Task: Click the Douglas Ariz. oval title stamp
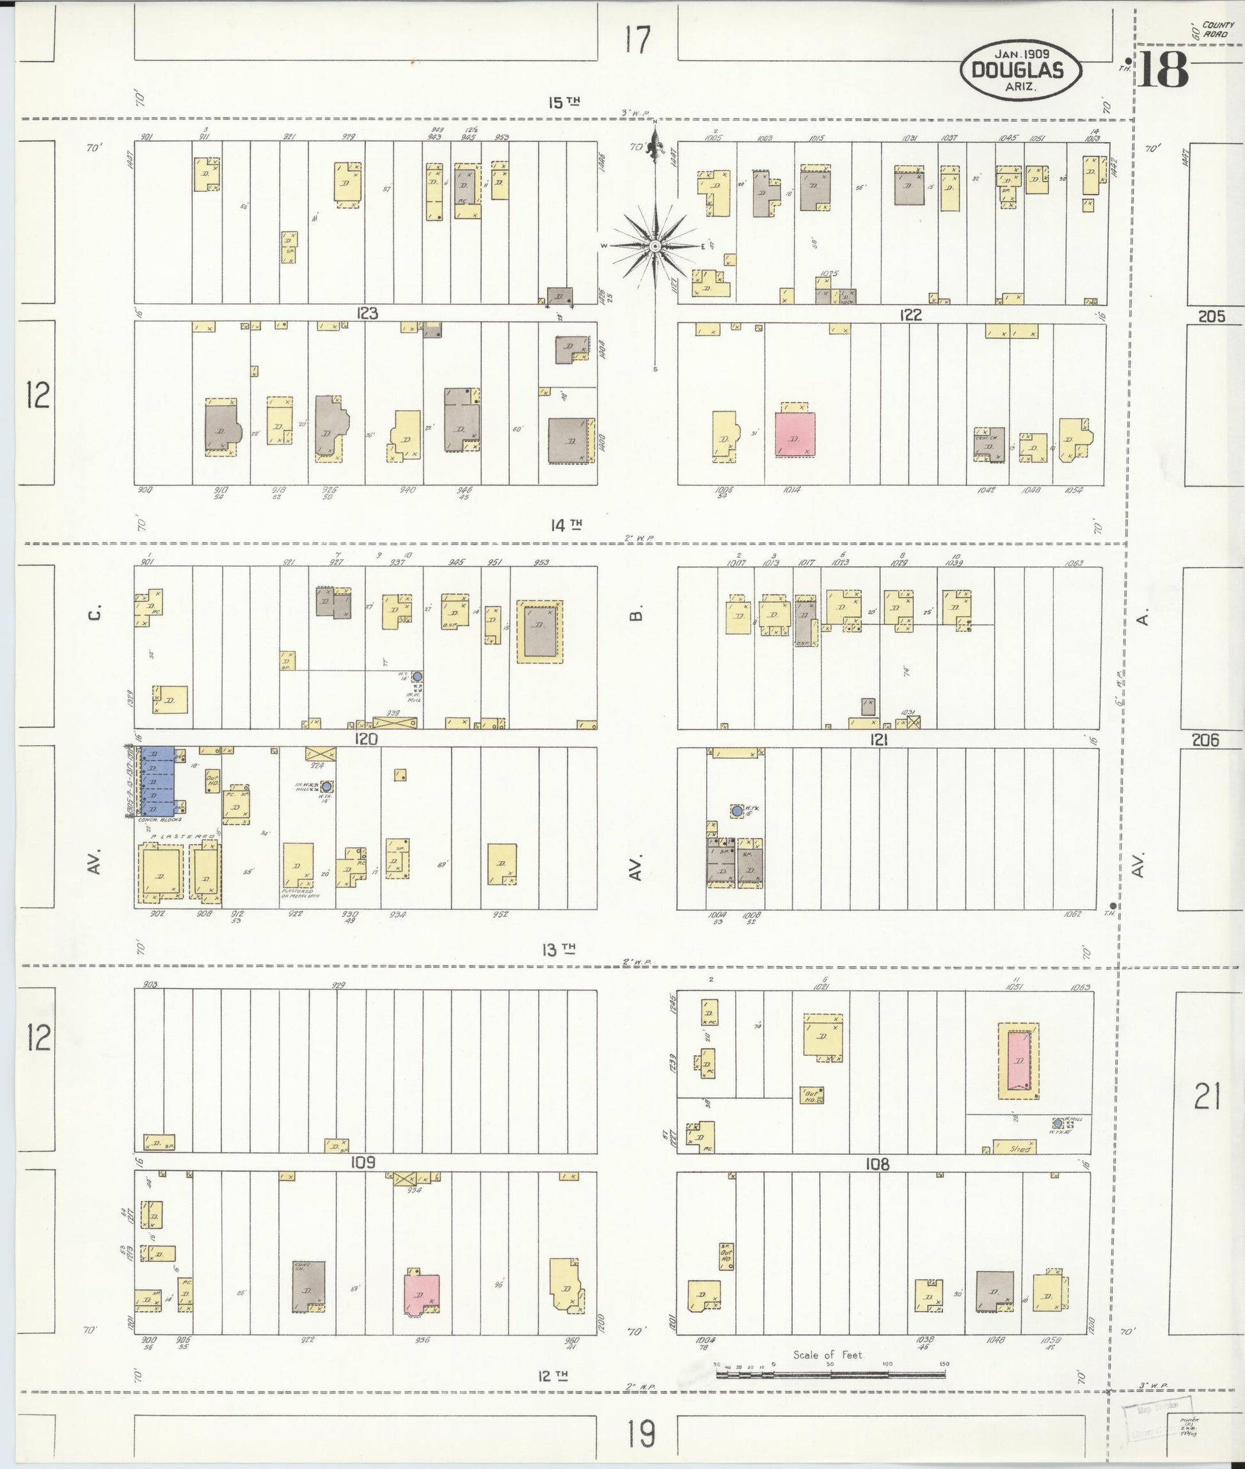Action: [1020, 70]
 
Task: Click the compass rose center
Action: [654, 246]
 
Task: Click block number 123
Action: [367, 314]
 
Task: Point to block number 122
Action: [910, 315]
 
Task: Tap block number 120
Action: [367, 739]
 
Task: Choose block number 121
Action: [878, 740]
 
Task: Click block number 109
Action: [363, 1162]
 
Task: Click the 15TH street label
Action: [564, 103]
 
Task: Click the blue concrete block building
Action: [159, 782]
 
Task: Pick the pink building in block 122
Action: [795, 433]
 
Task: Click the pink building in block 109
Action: [422, 1294]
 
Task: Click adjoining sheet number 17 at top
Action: [637, 40]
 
